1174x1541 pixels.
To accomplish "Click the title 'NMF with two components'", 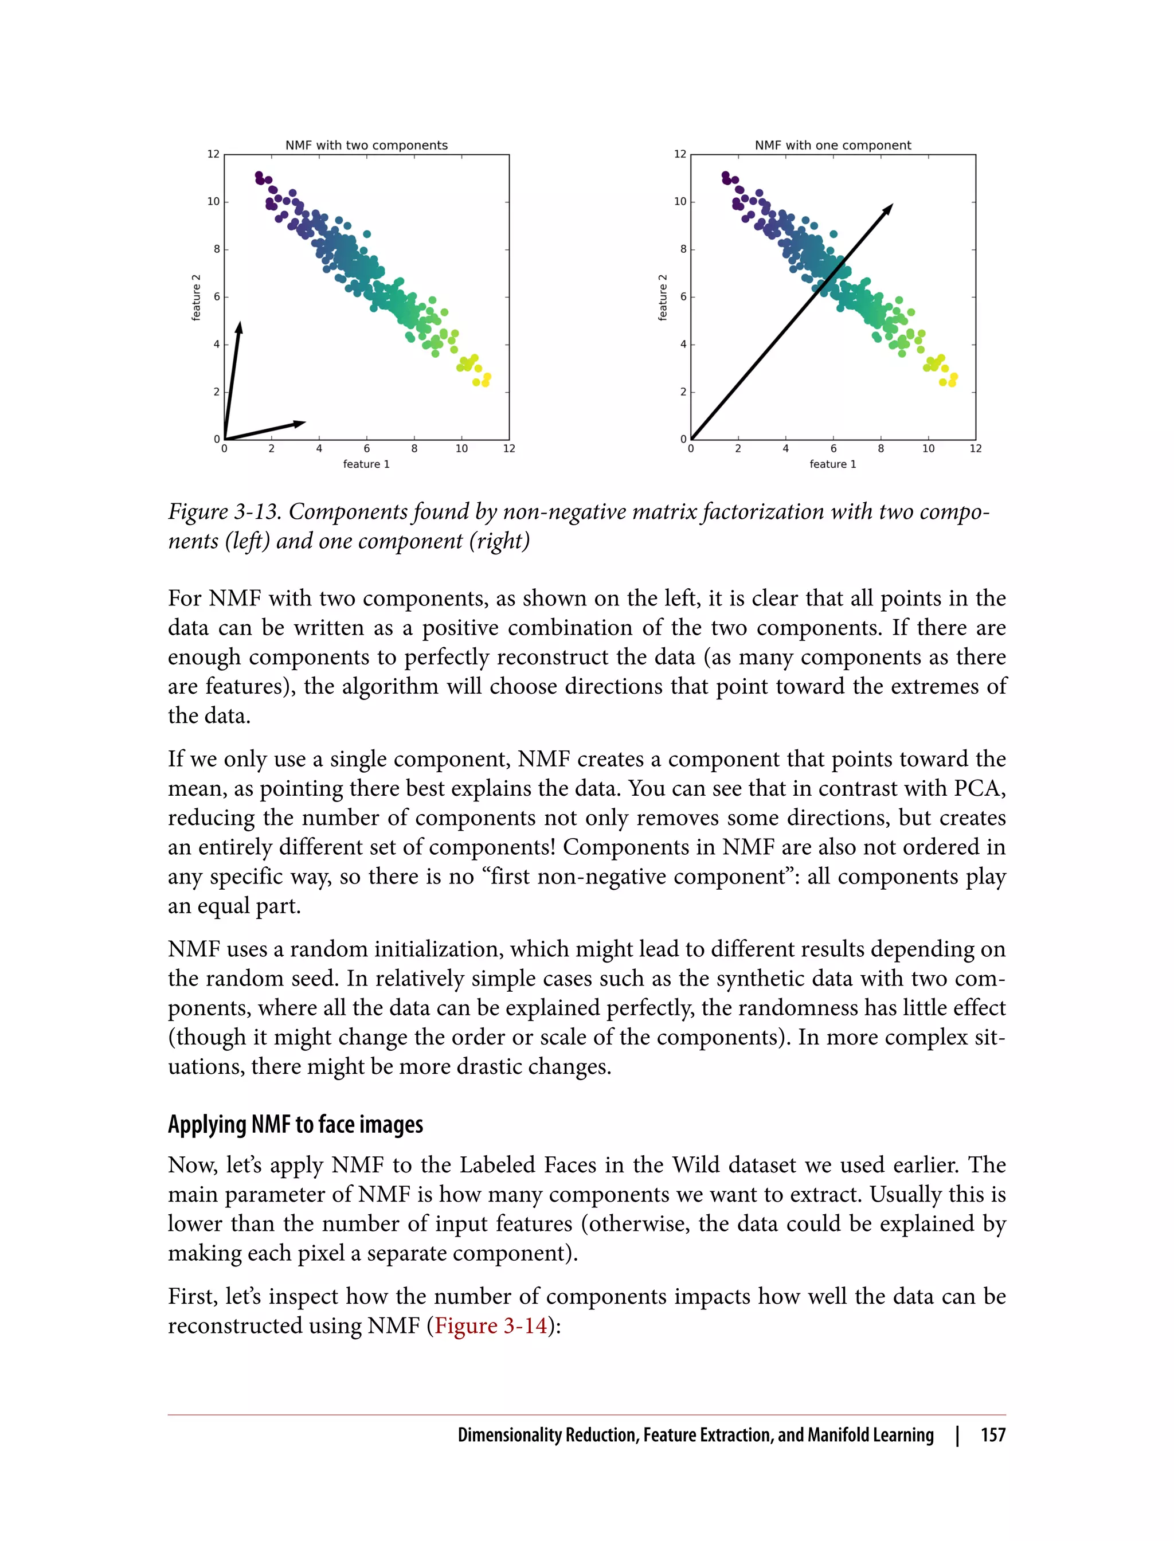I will (366, 146).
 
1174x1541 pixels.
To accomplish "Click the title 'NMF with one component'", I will (832, 146).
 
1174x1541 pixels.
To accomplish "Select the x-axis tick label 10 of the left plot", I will (461, 449).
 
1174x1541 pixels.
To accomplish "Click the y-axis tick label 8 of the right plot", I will (683, 249).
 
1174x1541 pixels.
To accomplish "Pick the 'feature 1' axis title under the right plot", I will (832, 464).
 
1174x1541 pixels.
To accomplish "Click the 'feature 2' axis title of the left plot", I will (197, 298).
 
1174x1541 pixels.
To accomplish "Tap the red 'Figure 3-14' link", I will (491, 1326).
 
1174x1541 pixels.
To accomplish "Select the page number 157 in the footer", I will (992, 1435).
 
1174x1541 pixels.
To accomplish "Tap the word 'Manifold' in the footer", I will (837, 1435).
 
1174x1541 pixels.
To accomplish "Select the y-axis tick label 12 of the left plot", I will (213, 154).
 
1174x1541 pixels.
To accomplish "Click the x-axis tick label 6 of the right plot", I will (833, 449).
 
